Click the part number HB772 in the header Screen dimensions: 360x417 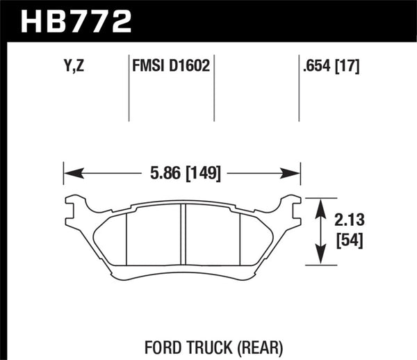pos(76,21)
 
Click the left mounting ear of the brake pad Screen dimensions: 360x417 pos(74,206)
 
